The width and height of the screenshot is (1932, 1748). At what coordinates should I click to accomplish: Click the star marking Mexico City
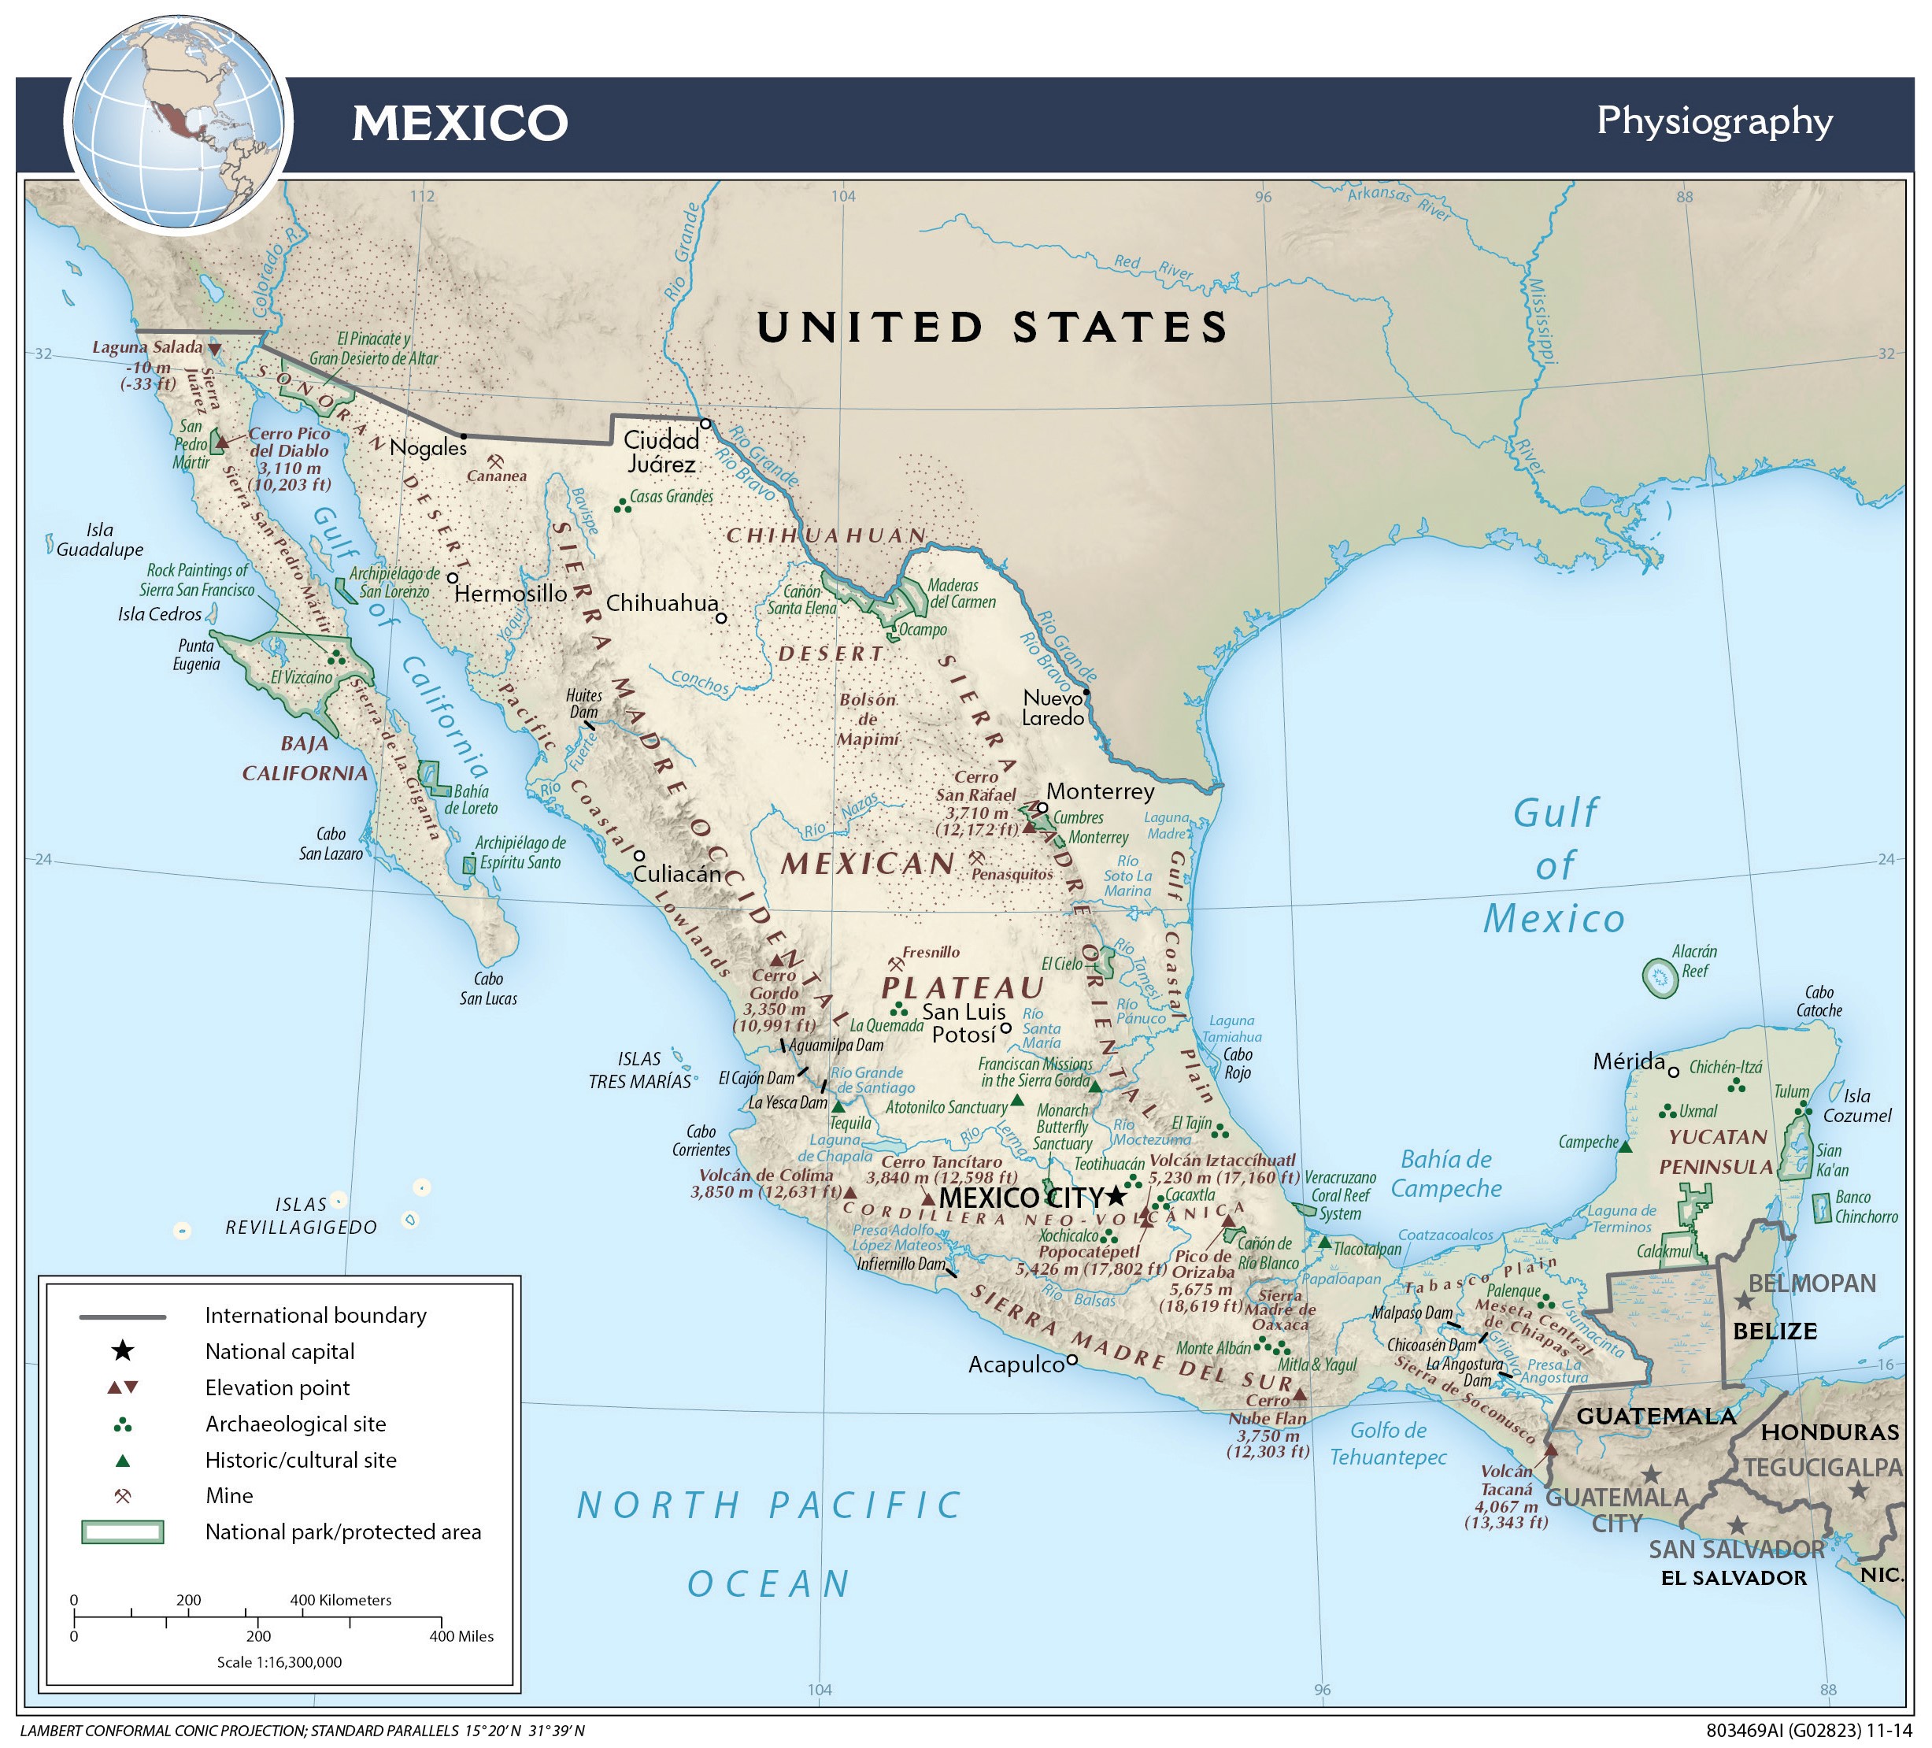pos(1115,1196)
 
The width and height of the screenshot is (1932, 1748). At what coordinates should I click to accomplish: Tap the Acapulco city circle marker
pos(1072,1359)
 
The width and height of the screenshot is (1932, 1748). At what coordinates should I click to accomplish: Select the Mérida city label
pos(1628,1061)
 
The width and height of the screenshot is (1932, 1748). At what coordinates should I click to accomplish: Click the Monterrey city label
pos(1100,791)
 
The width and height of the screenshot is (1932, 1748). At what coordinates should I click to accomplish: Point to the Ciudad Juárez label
pos(661,451)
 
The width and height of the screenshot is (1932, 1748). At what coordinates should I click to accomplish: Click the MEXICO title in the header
pos(460,123)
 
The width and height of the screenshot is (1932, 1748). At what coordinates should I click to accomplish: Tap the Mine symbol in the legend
pos(123,1495)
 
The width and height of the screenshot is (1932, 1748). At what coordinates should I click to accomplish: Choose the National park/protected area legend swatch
pos(123,1531)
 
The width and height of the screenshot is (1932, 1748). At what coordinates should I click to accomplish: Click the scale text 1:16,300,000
pos(279,1661)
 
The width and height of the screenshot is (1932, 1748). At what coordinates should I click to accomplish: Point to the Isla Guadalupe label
pos(100,539)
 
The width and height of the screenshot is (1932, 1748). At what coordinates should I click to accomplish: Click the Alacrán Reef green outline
pos(1660,977)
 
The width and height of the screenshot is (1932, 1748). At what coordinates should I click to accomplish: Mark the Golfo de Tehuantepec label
pos(1388,1443)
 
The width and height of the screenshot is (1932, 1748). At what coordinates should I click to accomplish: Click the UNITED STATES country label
pos(992,327)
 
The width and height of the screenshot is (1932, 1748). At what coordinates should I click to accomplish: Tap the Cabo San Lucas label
pos(488,988)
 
